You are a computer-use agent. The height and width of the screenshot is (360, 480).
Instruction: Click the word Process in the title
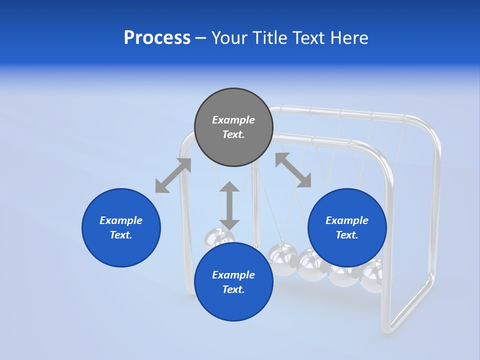pyautogui.click(x=157, y=38)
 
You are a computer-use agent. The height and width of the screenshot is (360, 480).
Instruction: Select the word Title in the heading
pyautogui.click(x=270, y=38)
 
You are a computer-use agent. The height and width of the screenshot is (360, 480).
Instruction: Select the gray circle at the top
pyautogui.click(x=233, y=127)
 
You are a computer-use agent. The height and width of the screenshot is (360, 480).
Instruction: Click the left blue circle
pyautogui.click(x=121, y=227)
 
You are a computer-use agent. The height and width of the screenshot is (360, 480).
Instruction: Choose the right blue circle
pyautogui.click(x=347, y=227)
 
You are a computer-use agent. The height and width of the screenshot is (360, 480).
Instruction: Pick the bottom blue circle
pyautogui.click(x=233, y=281)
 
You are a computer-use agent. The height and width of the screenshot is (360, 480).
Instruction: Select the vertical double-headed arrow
pyautogui.click(x=229, y=205)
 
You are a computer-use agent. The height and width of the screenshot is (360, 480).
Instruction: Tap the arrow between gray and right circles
pyautogui.click(x=293, y=170)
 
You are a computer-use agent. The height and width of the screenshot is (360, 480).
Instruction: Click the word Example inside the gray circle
pyautogui.click(x=233, y=120)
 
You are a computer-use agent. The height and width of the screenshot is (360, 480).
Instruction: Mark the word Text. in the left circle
pyautogui.click(x=121, y=235)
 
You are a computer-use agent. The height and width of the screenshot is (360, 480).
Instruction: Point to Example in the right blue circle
pyautogui.click(x=347, y=220)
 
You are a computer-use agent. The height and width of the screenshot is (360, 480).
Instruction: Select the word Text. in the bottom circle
pyautogui.click(x=233, y=289)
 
